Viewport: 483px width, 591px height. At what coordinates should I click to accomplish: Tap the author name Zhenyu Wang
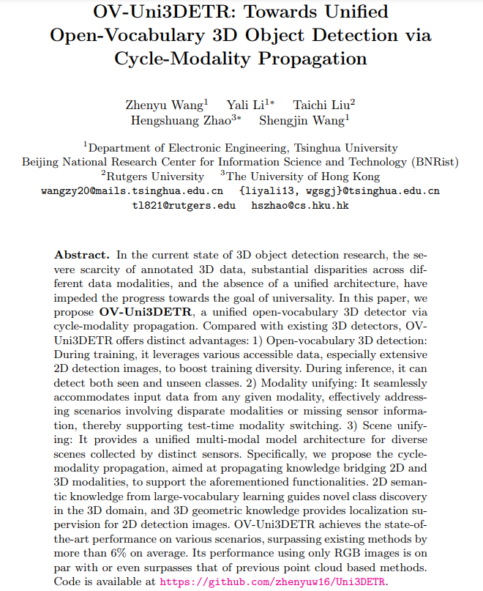(x=165, y=105)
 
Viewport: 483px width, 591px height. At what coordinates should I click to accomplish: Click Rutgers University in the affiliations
(x=154, y=176)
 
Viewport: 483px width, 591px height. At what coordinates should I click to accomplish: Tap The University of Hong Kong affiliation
(x=303, y=176)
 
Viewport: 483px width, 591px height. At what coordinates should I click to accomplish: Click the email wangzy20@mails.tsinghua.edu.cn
(x=132, y=191)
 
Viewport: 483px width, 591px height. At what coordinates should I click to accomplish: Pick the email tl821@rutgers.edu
(x=184, y=206)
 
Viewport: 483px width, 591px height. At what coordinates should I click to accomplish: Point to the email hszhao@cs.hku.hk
(x=300, y=206)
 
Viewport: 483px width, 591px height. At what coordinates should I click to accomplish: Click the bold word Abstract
(x=82, y=255)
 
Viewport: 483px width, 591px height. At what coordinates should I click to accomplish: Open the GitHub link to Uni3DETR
(x=272, y=582)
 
